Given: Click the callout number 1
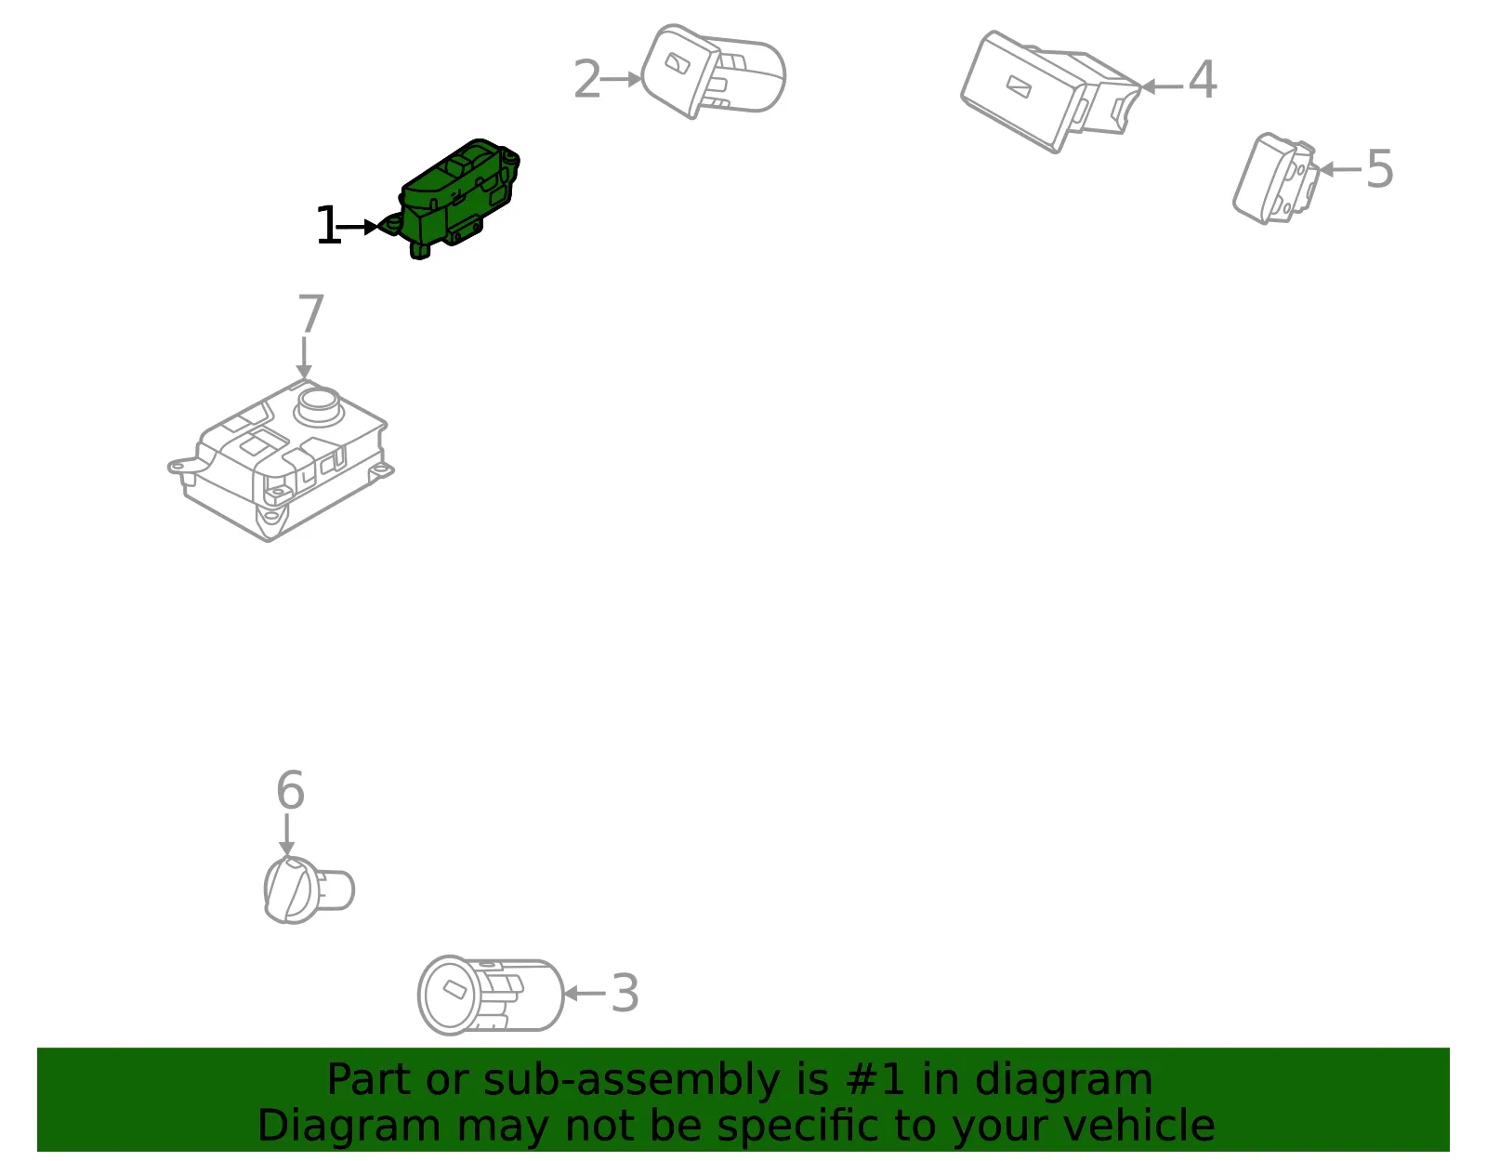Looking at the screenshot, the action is [328, 225].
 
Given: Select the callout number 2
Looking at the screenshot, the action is [587, 79].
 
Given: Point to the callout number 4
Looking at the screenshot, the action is [1203, 79].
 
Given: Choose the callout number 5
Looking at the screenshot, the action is [1379, 168].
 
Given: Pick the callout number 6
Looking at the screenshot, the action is [290, 789].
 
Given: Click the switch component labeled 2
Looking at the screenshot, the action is [712, 72].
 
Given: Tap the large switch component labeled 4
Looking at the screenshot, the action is [1049, 91].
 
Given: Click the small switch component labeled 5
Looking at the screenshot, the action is [1275, 178].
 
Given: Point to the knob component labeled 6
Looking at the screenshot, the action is [309, 891].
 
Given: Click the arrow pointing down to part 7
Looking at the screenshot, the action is [304, 357].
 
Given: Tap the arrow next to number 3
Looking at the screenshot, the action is [585, 994].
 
